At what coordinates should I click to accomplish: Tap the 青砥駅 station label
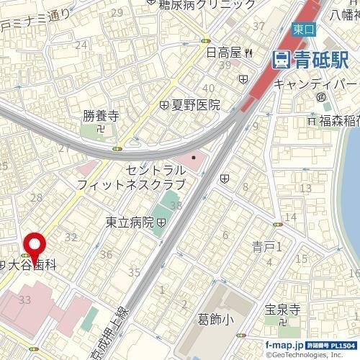tap(313, 59)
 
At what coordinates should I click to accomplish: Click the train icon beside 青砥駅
tap(280, 59)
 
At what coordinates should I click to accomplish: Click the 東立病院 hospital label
tap(130, 222)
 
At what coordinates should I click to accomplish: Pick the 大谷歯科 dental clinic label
tap(32, 265)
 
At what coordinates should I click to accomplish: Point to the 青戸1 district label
tap(270, 246)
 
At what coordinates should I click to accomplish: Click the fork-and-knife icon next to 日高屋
tap(248, 52)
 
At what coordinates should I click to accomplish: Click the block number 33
tap(24, 299)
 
